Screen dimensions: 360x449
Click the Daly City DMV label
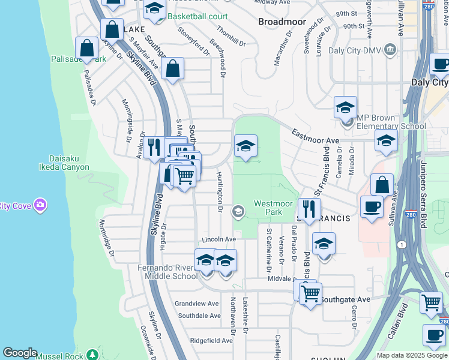[355, 50]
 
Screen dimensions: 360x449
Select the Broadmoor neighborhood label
[278, 21]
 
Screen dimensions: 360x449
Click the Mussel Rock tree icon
[91, 355]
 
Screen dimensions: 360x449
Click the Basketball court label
[197, 16]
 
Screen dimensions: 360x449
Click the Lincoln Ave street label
[218, 239]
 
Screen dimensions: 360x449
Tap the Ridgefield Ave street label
[211, 340]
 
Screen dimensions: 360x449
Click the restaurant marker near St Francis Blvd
[309, 209]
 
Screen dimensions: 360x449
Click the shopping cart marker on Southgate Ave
[310, 294]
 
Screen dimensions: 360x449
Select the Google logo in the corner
[20, 353]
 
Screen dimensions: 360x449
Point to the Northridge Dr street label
[106, 238]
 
